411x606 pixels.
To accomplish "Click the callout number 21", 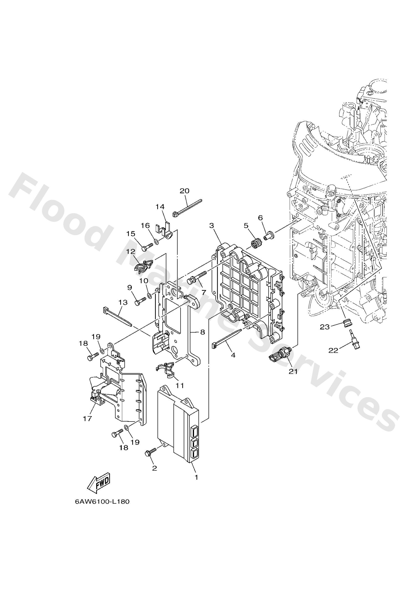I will pos(293,372).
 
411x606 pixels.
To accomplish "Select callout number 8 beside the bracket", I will pos(203,332).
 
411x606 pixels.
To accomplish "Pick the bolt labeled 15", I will pos(147,246).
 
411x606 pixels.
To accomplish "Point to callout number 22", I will pos(333,350).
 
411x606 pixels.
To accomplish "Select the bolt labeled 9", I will pos(141,302).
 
